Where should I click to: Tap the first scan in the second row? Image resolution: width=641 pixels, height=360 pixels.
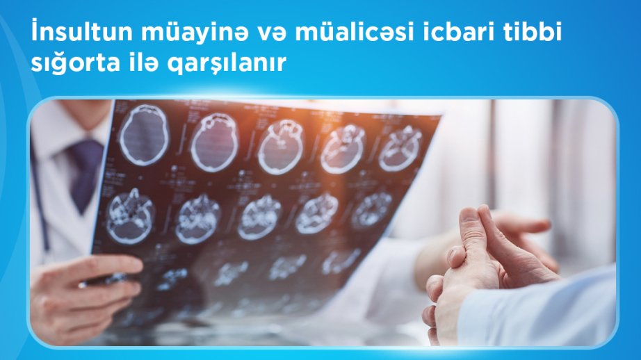click(131, 216)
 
